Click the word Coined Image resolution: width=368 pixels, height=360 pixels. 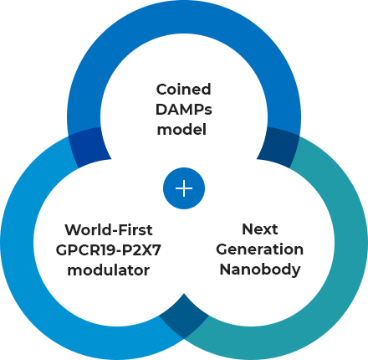(x=183, y=90)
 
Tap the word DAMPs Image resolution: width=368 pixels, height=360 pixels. (x=184, y=110)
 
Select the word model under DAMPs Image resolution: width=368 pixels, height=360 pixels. (x=181, y=130)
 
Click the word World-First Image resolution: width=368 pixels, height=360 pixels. (x=109, y=230)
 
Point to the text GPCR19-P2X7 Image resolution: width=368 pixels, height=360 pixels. (x=109, y=250)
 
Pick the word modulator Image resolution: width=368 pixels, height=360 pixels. (x=109, y=270)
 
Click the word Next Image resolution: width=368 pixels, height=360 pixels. (x=260, y=229)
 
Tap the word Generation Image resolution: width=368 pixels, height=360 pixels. (x=260, y=249)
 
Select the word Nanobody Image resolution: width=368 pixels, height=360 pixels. (x=260, y=270)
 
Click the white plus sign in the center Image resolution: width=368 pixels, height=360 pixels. (x=184, y=188)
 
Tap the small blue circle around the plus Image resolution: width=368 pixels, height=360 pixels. (x=184, y=188)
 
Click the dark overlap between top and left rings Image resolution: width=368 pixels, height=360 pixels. (x=89, y=147)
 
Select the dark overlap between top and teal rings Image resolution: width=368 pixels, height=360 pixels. (x=279, y=147)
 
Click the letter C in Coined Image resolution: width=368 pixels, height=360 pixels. (x=161, y=90)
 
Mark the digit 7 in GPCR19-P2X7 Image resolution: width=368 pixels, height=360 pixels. (x=156, y=250)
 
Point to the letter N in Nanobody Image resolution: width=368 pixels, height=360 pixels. (x=226, y=269)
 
